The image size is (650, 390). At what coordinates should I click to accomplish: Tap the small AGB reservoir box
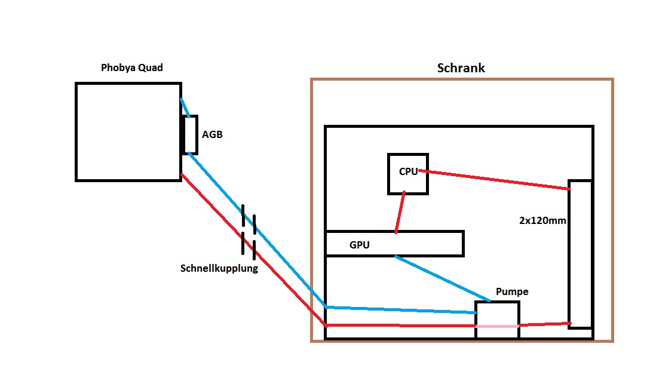(x=190, y=134)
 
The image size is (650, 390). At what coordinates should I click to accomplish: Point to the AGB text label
(x=212, y=135)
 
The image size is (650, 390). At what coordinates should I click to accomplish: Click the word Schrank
(x=461, y=68)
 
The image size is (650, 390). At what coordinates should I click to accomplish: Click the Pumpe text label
(x=512, y=292)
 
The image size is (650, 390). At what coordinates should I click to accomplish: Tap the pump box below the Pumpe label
(x=497, y=314)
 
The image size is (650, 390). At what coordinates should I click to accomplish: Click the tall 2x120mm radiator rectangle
(x=580, y=254)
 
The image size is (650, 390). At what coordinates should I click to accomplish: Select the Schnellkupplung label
(x=219, y=269)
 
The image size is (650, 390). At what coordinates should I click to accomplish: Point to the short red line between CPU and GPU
(x=400, y=212)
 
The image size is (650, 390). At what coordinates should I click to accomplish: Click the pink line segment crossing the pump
(x=497, y=326)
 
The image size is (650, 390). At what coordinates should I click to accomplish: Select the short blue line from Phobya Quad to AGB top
(x=185, y=108)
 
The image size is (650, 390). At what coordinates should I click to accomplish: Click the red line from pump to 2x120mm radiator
(x=544, y=324)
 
